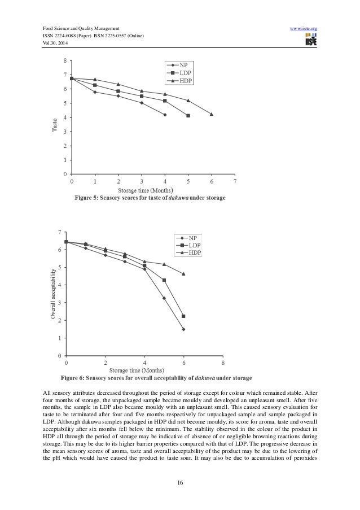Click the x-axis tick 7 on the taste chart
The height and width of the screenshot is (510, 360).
pyautogui.click(x=235, y=182)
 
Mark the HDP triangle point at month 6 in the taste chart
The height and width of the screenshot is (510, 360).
pyautogui.click(x=212, y=114)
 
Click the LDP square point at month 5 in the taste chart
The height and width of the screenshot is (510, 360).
pyautogui.click(x=188, y=116)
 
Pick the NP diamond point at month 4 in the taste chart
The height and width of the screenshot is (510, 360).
pyautogui.click(x=165, y=115)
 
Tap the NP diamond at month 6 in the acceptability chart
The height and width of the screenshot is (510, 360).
pyautogui.click(x=184, y=329)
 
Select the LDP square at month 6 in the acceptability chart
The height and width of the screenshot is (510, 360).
pyautogui.click(x=184, y=316)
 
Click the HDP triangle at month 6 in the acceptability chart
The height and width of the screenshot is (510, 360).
pyautogui.click(x=184, y=274)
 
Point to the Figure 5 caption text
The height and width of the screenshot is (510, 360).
pyautogui.click(x=148, y=198)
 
